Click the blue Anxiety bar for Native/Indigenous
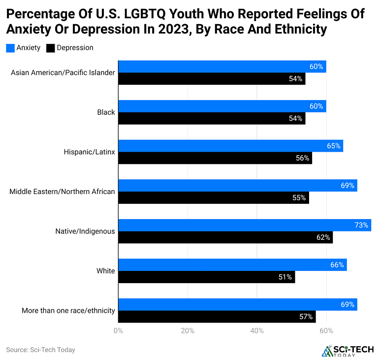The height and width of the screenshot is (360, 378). point(245,225)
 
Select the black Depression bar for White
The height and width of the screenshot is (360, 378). point(206,277)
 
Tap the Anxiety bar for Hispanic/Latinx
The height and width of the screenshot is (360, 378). point(230,146)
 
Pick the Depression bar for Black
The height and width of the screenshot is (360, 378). point(212,118)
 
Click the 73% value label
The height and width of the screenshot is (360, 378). point(361,225)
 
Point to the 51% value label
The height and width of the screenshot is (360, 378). point(285,277)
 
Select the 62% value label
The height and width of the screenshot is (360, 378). point(323,237)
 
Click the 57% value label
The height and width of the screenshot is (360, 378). point(306,317)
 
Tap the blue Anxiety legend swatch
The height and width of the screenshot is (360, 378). point(10,48)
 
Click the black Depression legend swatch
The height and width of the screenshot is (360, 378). point(50,48)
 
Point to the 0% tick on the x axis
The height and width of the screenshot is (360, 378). point(118,331)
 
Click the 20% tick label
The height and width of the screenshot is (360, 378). point(188,331)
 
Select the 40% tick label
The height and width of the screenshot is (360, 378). point(257,331)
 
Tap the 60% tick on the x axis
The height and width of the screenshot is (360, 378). point(326,331)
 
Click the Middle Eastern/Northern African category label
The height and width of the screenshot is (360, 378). point(62,192)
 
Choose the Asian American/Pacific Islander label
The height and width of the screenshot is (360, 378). point(63,72)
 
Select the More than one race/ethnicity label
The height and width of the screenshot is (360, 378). point(68,310)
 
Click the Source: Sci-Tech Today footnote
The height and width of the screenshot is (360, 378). point(40,350)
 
